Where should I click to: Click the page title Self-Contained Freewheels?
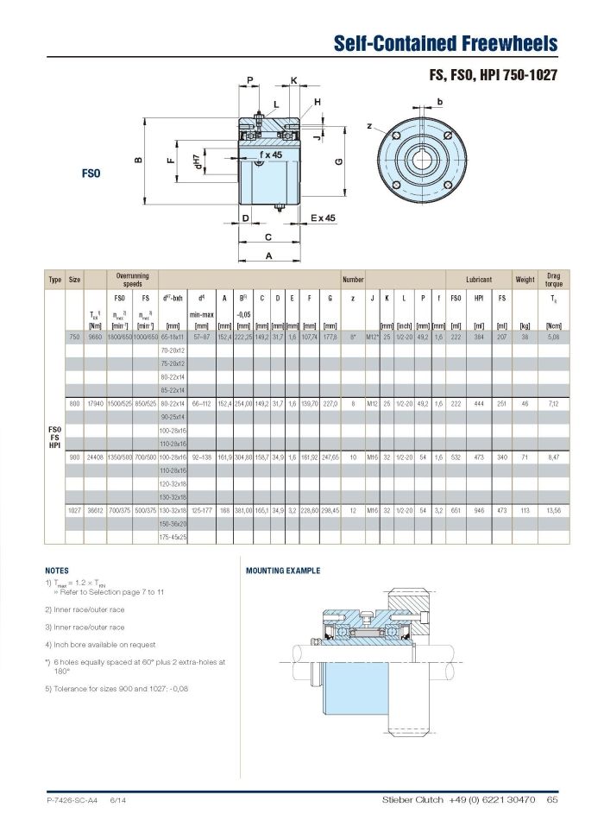click(x=445, y=44)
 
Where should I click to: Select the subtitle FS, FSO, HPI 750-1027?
click(x=493, y=75)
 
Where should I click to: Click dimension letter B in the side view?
click(x=137, y=159)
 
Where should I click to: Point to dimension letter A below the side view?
click(x=268, y=255)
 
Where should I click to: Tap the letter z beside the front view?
click(x=369, y=127)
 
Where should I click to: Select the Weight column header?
click(x=525, y=280)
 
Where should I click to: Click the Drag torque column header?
click(x=553, y=280)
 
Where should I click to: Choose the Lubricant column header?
click(x=479, y=280)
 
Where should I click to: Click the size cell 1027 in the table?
click(x=74, y=510)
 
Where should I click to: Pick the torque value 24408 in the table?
click(x=96, y=457)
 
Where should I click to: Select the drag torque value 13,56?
click(x=553, y=510)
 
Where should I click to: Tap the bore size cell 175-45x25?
click(x=173, y=537)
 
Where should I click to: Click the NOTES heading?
click(x=57, y=571)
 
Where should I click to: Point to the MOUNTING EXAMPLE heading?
click(x=283, y=571)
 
